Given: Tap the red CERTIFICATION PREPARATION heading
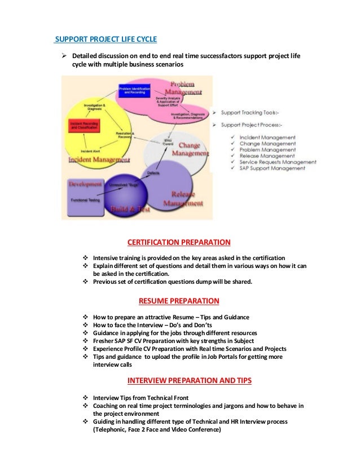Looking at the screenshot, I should click(x=179, y=243).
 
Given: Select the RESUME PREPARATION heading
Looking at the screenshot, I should click(x=179, y=300).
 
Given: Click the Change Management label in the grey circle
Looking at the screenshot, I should click(x=190, y=150).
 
